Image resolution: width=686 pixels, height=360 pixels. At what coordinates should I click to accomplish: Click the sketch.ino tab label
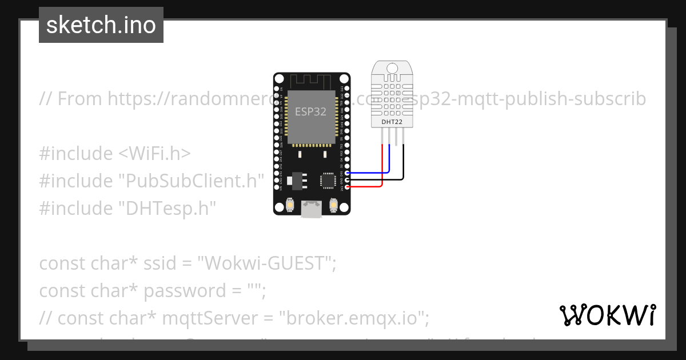point(101,25)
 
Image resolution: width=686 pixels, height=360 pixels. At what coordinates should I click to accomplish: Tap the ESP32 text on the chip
point(310,111)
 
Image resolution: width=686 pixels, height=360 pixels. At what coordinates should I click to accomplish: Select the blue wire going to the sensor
point(389,160)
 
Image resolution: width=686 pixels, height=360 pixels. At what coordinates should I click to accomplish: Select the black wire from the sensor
point(404,163)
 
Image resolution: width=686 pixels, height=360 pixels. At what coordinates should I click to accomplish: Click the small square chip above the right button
point(328,180)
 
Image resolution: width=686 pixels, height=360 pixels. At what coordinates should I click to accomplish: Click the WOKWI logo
point(607,315)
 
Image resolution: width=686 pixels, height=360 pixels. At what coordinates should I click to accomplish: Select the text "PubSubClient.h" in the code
point(191,181)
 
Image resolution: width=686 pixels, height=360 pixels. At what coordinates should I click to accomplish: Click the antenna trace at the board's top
point(312,81)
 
